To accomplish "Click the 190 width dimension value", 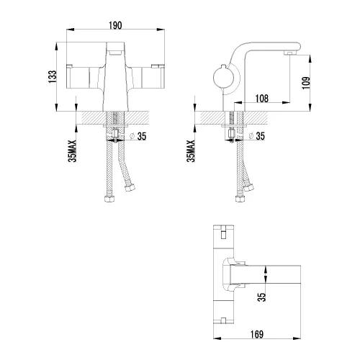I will pyautogui.click(x=115, y=24).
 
